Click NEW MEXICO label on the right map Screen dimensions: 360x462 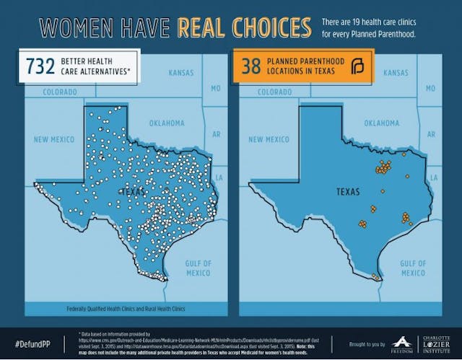pos(268,139)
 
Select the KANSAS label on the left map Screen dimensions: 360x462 pos(181,74)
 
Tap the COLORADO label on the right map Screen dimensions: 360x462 pos(275,92)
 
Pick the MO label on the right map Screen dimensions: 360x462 pos(431,88)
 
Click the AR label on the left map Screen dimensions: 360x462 pos(215,134)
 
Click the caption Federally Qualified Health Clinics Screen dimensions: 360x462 pos(126,309)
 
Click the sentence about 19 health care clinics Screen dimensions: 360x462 pos(379,27)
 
